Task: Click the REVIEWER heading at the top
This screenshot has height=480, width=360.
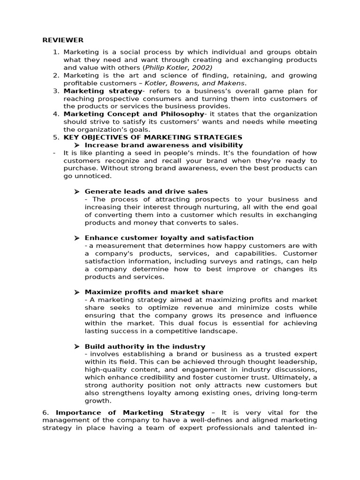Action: pos(63,40)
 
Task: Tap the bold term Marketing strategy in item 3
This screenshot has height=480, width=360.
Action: pos(103,91)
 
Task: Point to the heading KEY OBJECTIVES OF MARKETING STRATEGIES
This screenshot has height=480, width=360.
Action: pos(153,137)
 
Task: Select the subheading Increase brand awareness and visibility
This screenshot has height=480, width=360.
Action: pos(164,145)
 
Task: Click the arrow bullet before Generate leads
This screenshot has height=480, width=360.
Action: pos(77,192)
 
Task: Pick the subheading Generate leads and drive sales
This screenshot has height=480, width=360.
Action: pos(146,191)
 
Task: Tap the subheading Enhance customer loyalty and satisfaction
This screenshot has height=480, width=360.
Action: pos(169,238)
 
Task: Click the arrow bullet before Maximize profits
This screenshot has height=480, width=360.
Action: pos(77,292)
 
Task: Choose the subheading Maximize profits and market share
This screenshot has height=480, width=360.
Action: pos(154,292)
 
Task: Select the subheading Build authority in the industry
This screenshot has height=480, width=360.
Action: pos(145,346)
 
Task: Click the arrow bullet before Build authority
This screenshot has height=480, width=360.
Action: pos(77,346)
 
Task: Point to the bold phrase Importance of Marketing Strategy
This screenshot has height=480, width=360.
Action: pos(130,412)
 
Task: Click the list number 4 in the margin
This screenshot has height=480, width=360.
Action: pos(56,114)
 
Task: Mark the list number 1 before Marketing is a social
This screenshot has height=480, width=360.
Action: pos(56,52)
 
